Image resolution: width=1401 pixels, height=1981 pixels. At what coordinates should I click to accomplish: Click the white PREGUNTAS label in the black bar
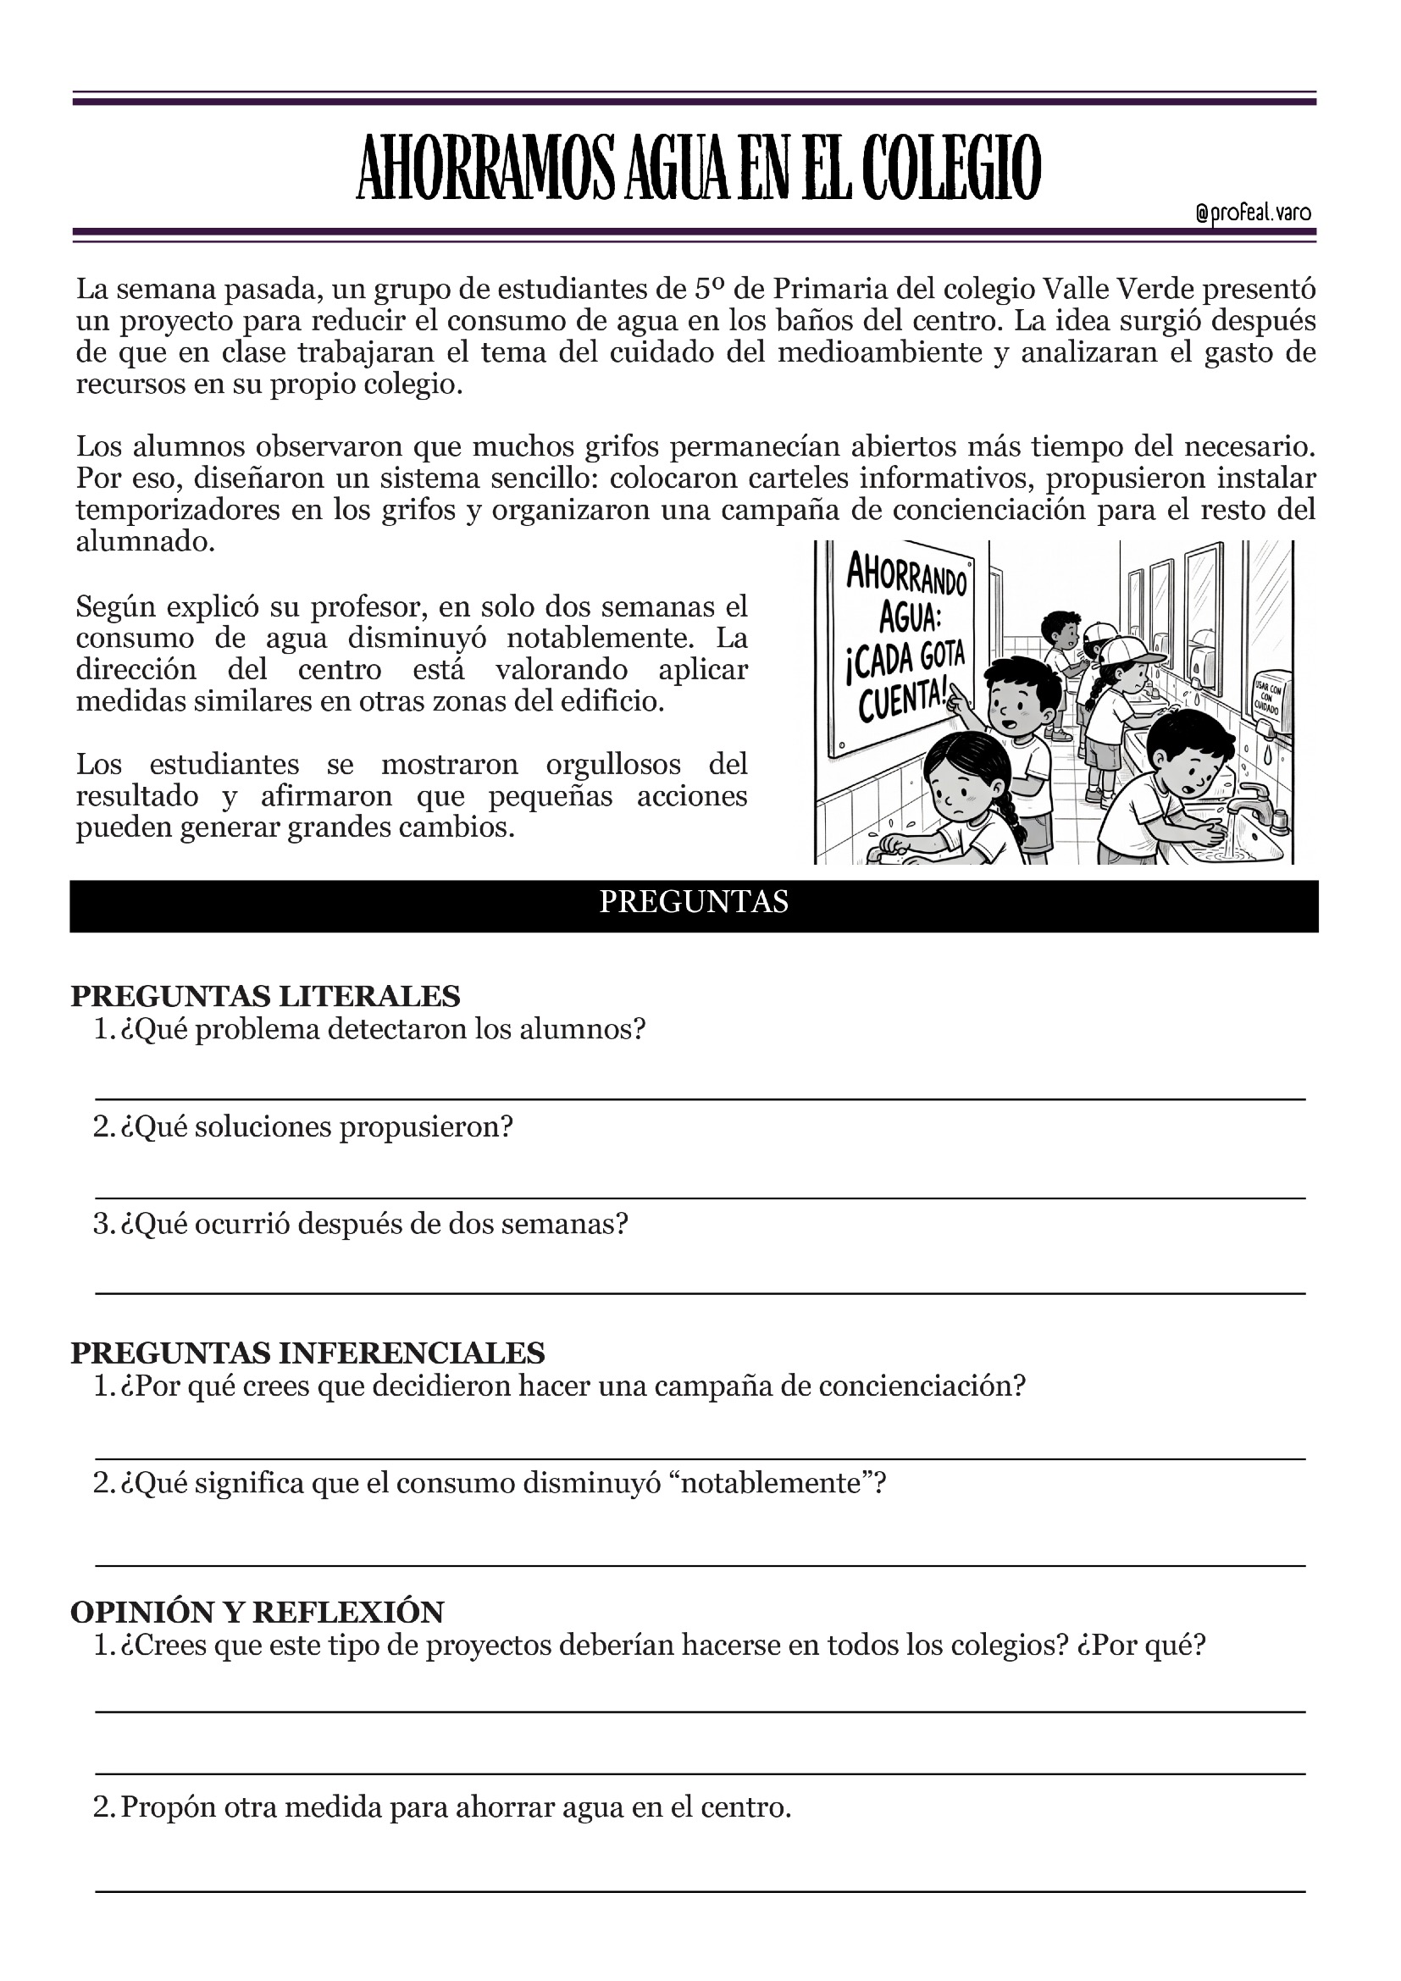(x=694, y=902)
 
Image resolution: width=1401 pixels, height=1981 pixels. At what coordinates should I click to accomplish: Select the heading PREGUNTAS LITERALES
(x=265, y=996)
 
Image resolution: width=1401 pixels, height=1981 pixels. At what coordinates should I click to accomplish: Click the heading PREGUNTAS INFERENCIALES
(x=307, y=1352)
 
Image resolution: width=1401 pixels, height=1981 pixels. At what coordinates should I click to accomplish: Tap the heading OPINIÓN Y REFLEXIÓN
(x=257, y=1612)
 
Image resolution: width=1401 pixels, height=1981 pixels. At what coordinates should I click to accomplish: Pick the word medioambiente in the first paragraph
(x=880, y=352)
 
